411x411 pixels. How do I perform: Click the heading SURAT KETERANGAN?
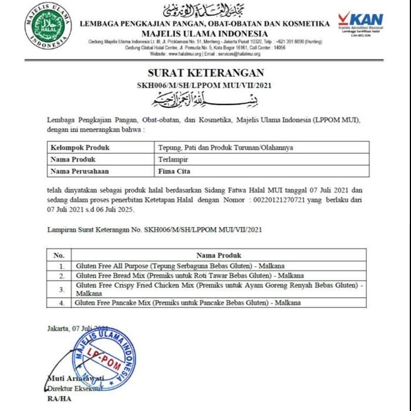click(x=205, y=73)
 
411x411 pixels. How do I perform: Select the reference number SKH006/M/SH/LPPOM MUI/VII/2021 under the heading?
click(x=205, y=85)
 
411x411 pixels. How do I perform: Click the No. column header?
click(x=59, y=255)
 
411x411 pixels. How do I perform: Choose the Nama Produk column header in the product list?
click(x=218, y=255)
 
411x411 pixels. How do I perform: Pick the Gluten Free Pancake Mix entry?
click(x=188, y=302)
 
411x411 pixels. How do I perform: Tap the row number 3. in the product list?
click(x=62, y=289)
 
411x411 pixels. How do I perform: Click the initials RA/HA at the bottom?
click(x=56, y=399)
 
